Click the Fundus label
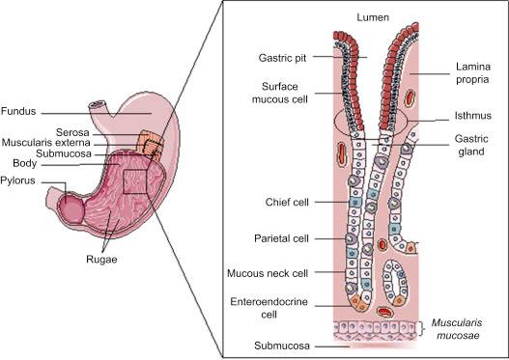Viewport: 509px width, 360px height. click(18, 111)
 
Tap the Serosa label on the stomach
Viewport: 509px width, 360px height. click(72, 132)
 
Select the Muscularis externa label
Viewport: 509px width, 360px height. click(45, 143)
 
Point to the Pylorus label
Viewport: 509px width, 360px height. click(17, 180)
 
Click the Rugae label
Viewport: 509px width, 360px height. click(101, 259)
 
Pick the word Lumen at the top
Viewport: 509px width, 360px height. click(373, 17)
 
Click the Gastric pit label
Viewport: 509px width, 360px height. click(282, 58)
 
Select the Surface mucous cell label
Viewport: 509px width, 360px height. click(280, 93)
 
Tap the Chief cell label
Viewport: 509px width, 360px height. click(287, 202)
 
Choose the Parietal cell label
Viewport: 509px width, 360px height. click(281, 238)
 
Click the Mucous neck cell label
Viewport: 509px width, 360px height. click(268, 273)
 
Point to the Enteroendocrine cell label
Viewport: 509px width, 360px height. click(269, 308)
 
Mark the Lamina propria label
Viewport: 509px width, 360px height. click(473, 73)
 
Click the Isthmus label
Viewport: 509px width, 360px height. click(473, 116)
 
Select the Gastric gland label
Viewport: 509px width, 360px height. click(471, 145)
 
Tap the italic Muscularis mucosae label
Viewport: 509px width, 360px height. click(457, 329)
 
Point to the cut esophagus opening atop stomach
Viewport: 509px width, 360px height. click(98, 104)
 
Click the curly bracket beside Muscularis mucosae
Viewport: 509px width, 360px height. click(422, 329)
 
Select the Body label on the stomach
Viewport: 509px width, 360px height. click(25, 163)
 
